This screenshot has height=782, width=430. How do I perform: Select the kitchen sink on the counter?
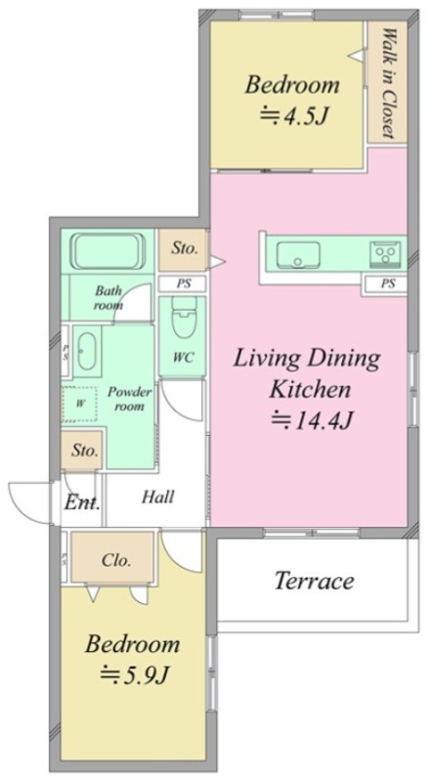pyautogui.click(x=298, y=254)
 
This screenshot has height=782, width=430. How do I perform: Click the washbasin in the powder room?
pyautogui.click(x=87, y=351)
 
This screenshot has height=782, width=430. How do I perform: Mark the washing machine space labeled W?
pyautogui.click(x=80, y=405)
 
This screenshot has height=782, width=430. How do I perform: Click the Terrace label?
pyautogui.click(x=315, y=581)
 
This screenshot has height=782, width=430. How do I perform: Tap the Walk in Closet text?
pyautogui.click(x=388, y=83)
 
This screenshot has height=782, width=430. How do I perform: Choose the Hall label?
pyautogui.click(x=158, y=497)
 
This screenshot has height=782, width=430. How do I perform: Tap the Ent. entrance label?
pyautogui.click(x=82, y=502)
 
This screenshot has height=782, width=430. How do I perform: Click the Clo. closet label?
pyautogui.click(x=116, y=560)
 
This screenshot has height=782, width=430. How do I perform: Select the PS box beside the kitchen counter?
pyautogui.click(x=388, y=283)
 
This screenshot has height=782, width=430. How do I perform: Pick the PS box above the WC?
pyautogui.click(x=183, y=283)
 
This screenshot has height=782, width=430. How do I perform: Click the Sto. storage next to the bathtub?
pyautogui.click(x=184, y=248)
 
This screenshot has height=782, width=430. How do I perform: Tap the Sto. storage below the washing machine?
pyautogui.click(x=84, y=451)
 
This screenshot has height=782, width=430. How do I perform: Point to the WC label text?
pyautogui.click(x=183, y=358)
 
